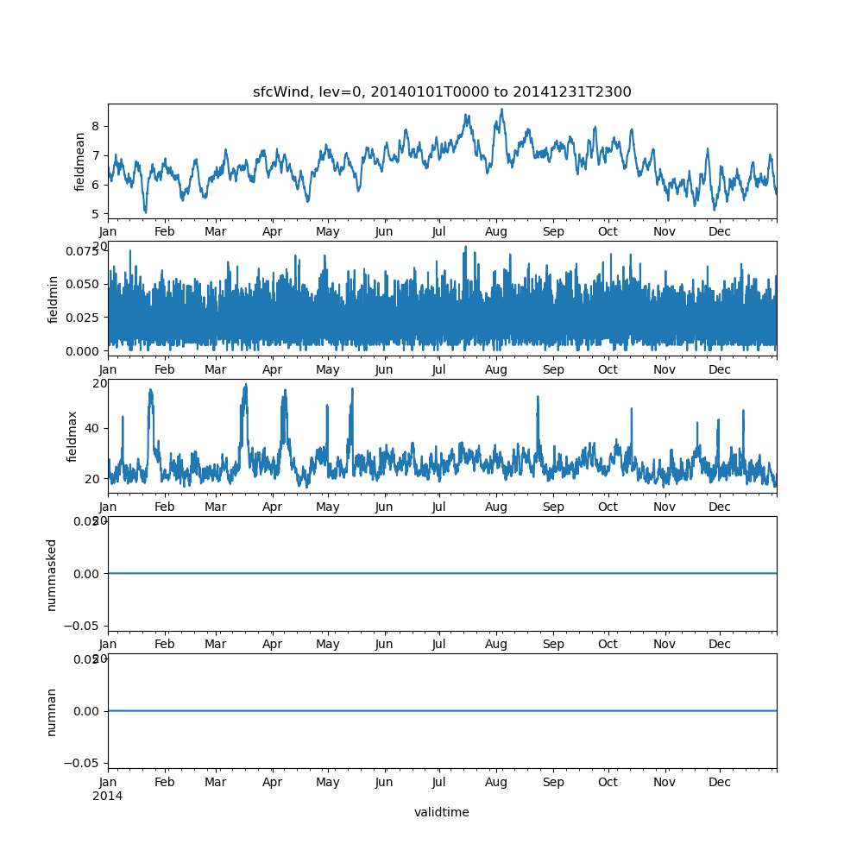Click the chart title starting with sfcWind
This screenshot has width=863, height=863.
[442, 92]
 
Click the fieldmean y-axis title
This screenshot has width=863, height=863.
[80, 161]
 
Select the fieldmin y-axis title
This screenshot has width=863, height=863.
[54, 299]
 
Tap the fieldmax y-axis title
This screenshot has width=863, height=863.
[72, 437]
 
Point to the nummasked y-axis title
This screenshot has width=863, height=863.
[52, 575]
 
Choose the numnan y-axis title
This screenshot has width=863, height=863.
[52, 712]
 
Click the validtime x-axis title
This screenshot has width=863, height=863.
[442, 812]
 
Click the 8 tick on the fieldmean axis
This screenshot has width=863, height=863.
[96, 126]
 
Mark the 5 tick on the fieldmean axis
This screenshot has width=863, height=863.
[96, 213]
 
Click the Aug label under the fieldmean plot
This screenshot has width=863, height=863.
[496, 231]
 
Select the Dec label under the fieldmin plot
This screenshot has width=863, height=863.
[720, 369]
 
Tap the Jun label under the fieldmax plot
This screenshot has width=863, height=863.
[384, 507]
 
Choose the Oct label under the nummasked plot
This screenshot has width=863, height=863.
[608, 645]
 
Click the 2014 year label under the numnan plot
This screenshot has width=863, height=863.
[108, 796]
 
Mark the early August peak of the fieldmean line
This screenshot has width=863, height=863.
[501, 110]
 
